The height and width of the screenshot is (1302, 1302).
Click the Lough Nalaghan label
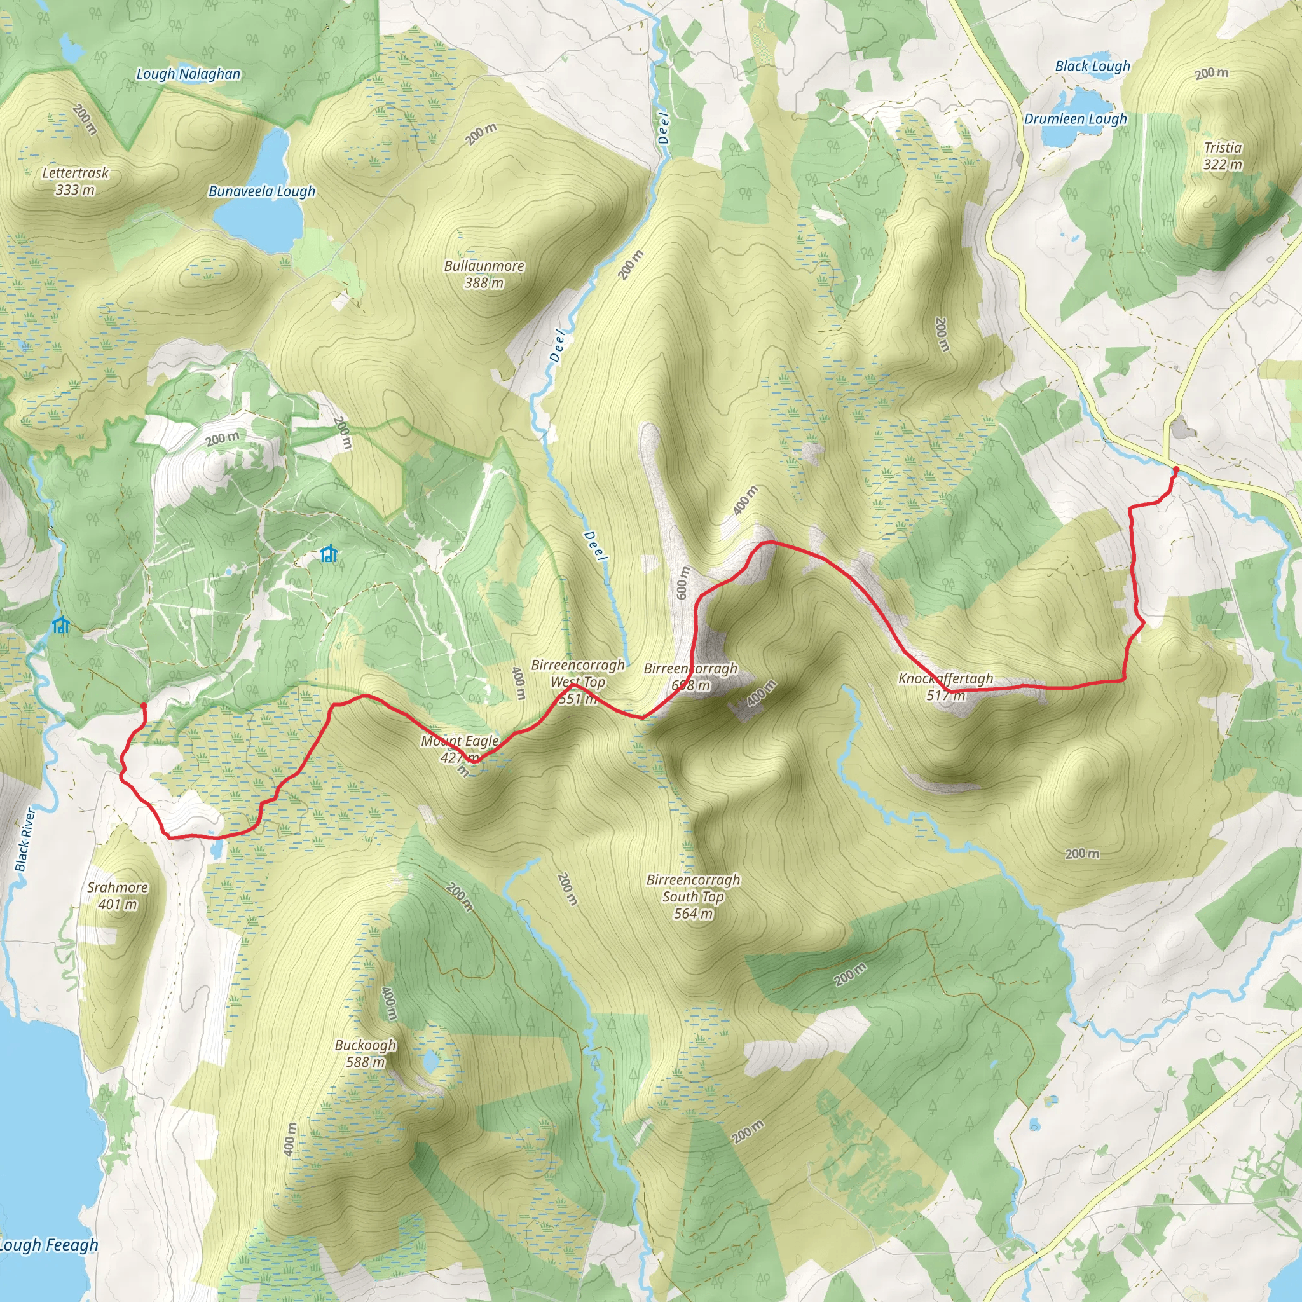[188, 74]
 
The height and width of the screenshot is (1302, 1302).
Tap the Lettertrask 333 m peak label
[75, 181]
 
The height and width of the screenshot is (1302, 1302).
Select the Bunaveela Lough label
[261, 191]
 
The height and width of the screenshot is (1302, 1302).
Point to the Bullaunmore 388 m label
[484, 274]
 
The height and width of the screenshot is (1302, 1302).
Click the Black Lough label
[1092, 66]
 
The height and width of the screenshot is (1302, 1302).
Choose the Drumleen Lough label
[1075, 120]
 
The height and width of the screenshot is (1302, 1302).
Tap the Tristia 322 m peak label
[1223, 156]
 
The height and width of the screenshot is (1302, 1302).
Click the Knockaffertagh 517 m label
[945, 687]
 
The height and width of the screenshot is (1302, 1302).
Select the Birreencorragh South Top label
[694, 896]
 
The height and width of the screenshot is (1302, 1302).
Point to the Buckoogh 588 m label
[366, 1053]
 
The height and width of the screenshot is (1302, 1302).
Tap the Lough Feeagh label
[48, 1245]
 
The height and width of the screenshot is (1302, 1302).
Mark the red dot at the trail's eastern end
[1176, 469]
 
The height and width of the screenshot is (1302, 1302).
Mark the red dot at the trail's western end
[144, 706]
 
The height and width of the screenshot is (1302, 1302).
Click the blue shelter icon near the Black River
[60, 625]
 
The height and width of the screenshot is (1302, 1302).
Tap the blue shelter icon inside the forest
[328, 554]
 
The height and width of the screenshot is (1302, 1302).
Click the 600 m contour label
[682, 583]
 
